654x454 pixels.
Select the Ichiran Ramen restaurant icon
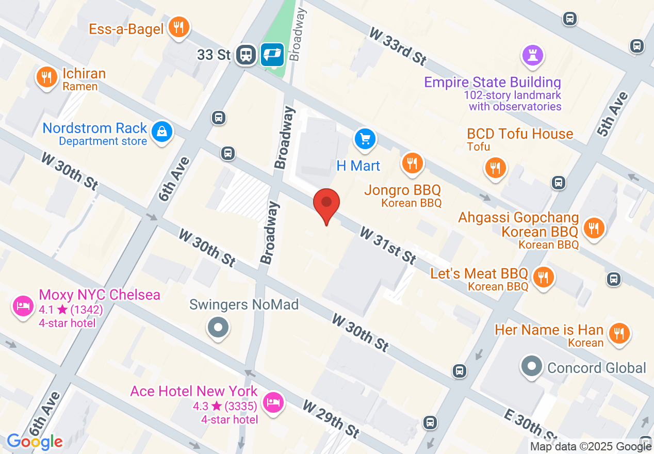point(46,78)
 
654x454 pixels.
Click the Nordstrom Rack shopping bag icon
point(162,132)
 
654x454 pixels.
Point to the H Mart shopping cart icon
point(365,139)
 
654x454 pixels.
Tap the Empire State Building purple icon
point(533,55)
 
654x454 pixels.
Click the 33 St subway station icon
point(246,54)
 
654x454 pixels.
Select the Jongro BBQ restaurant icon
point(412,164)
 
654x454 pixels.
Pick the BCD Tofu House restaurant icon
point(495,168)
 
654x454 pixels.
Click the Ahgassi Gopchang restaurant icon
point(594,228)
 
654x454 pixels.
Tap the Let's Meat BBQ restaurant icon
point(543,278)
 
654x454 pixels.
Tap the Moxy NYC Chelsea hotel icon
point(23,306)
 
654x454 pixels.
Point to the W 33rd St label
point(398,46)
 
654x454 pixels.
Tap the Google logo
point(35,442)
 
